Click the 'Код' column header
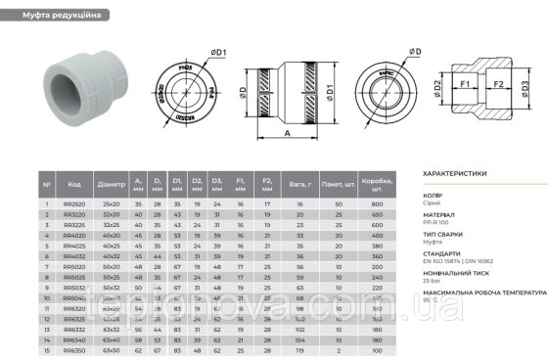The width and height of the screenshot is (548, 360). (x=73, y=183)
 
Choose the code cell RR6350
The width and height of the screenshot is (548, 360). (x=73, y=348)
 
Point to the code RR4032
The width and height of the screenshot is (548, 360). (x=73, y=254)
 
